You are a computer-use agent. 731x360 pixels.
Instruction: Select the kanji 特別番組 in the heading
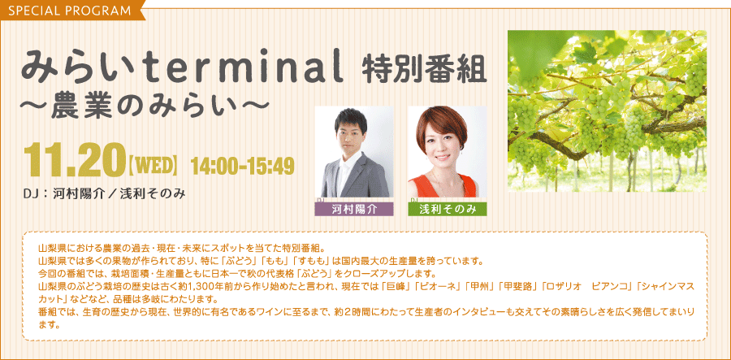pos(424,68)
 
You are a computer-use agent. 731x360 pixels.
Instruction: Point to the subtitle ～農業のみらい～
pos(145,109)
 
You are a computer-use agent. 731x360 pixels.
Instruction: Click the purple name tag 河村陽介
pos(354,210)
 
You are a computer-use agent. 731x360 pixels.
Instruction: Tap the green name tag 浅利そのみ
pos(447,210)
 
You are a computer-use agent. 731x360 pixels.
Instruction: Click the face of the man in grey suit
pos(351,133)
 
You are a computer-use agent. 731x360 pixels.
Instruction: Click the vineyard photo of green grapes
pos(607,111)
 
